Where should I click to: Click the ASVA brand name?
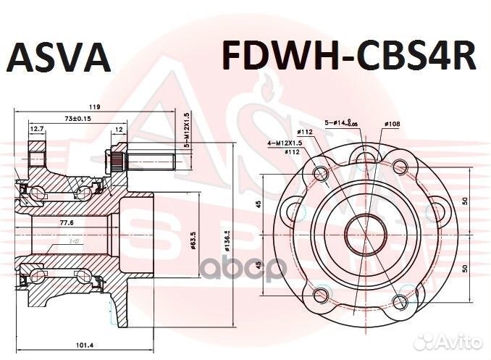(x=60, y=59)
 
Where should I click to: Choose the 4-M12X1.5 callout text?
(x=284, y=143)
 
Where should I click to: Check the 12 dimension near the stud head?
(x=118, y=129)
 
